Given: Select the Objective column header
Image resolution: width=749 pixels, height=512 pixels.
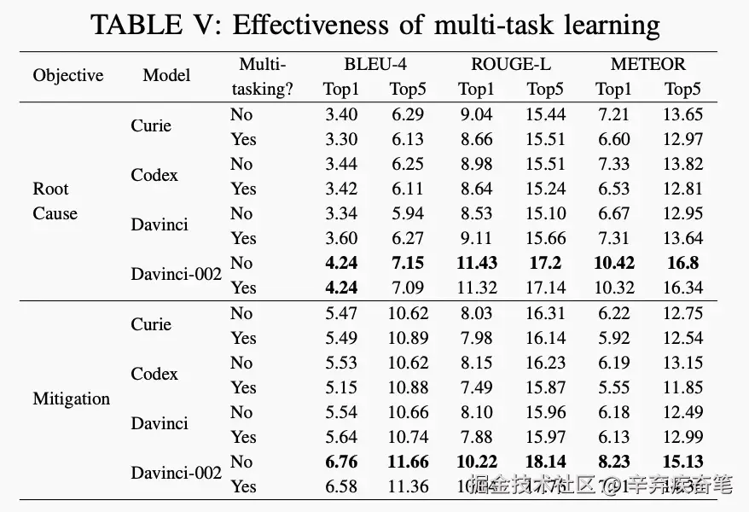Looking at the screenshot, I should [67, 75].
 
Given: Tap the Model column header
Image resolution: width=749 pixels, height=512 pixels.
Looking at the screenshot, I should [166, 75].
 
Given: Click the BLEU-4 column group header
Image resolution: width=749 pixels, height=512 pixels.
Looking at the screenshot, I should [375, 64].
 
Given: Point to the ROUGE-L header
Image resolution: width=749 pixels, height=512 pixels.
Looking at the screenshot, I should [510, 64].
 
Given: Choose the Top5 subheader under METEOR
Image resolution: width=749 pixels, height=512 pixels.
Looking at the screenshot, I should [682, 89].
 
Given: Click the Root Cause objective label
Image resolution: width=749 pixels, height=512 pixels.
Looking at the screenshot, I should [55, 201].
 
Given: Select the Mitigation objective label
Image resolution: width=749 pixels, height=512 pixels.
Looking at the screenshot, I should [71, 399].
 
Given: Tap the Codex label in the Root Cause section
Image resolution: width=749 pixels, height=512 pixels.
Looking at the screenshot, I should [154, 175].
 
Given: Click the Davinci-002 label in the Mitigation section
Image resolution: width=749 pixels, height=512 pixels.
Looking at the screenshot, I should [176, 472].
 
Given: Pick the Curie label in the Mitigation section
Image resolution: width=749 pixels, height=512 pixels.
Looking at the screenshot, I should [151, 324].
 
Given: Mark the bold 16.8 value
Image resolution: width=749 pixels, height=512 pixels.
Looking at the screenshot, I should [682, 263].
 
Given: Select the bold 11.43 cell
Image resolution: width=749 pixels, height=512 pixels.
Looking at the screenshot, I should [476, 263].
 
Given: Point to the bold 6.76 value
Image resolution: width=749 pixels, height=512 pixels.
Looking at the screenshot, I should [340, 462].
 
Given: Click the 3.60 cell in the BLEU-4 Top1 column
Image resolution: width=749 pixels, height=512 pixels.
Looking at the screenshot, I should [340, 238].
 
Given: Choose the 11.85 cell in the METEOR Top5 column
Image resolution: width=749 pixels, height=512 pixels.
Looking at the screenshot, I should [682, 387].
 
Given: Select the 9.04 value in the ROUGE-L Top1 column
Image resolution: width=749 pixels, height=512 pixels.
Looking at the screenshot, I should [476, 114].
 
